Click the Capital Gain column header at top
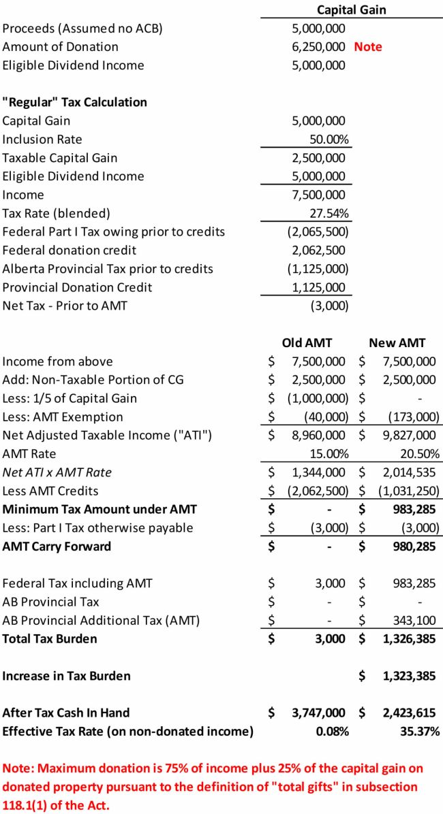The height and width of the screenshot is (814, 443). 351,10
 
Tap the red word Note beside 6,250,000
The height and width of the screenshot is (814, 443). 368,47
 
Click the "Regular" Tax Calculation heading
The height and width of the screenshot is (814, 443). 75,102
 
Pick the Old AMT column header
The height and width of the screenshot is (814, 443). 307,342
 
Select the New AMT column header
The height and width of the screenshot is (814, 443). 397,342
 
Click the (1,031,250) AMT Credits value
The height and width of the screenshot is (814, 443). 406,491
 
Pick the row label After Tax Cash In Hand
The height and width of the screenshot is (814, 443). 66,713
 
